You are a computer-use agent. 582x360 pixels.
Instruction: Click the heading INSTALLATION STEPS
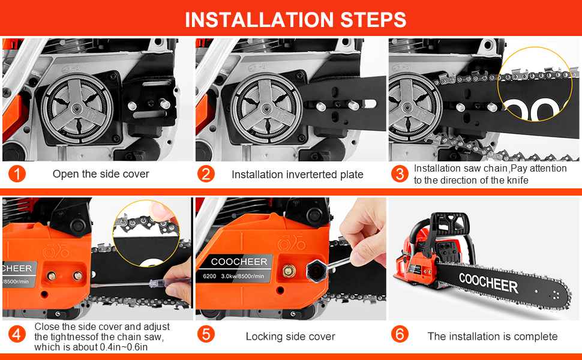(295, 20)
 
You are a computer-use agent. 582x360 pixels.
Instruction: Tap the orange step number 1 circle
(17, 173)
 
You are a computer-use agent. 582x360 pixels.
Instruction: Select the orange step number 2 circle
(206, 173)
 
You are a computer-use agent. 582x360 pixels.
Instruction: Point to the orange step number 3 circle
(400, 173)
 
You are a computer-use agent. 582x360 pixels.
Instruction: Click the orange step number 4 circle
(17, 334)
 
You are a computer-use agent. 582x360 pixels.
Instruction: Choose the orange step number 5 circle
(206, 334)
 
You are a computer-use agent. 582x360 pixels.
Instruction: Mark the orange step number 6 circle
(400, 334)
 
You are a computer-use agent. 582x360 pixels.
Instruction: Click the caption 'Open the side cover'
(101, 174)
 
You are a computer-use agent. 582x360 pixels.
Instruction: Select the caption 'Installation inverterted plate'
(298, 175)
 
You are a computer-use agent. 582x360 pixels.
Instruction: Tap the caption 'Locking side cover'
(290, 337)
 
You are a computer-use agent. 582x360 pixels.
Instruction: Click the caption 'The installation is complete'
(493, 337)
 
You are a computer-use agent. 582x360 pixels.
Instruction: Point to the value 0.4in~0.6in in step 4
(124, 347)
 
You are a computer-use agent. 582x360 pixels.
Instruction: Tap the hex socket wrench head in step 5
(317, 271)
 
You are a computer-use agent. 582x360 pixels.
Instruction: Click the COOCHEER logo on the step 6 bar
(488, 283)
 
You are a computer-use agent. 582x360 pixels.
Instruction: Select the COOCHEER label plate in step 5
(237, 268)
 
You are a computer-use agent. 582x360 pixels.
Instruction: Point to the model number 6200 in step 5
(209, 276)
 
